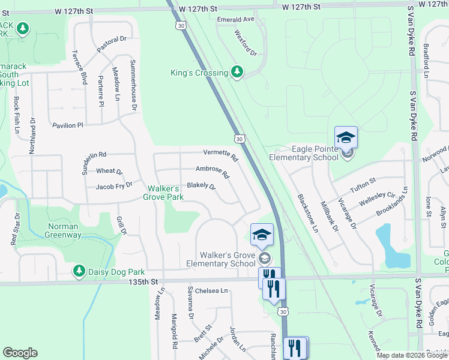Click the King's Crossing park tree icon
(x=238, y=73)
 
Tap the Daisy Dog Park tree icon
(x=79, y=272)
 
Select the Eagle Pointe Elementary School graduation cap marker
(x=346, y=138)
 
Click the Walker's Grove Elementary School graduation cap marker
(x=262, y=235)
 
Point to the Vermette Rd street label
(x=221, y=155)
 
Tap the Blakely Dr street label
(x=201, y=186)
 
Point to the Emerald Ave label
(x=236, y=19)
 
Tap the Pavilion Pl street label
(x=68, y=125)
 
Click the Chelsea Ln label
(x=214, y=291)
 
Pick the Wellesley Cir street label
(x=377, y=199)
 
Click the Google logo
(x=20, y=353)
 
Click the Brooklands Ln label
(x=392, y=202)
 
